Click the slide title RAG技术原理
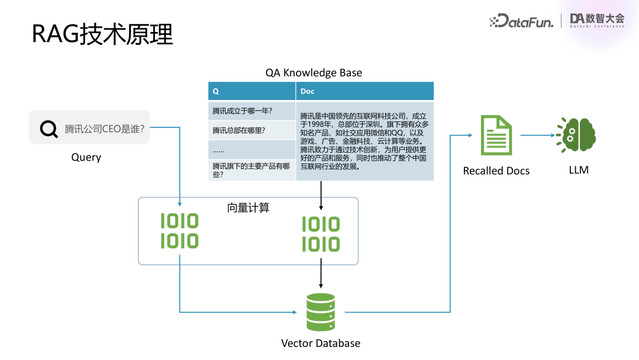click(102, 35)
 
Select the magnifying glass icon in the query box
click(49, 128)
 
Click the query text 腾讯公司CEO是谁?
click(105, 128)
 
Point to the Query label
click(86, 157)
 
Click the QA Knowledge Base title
click(314, 73)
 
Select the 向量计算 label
click(248, 208)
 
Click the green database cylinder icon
click(321, 313)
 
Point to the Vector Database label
click(320, 343)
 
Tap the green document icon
click(496, 135)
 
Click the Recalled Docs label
click(496, 171)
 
